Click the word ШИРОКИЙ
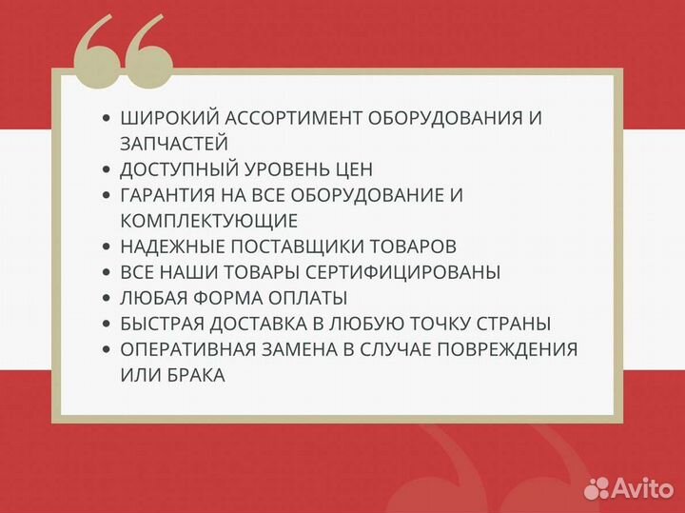click(163, 118)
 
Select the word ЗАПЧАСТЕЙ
click(174, 144)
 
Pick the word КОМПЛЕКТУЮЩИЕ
click(209, 221)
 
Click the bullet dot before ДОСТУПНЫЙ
click(107, 169)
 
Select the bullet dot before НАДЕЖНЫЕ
click(107, 247)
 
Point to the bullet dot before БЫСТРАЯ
click(107, 324)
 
